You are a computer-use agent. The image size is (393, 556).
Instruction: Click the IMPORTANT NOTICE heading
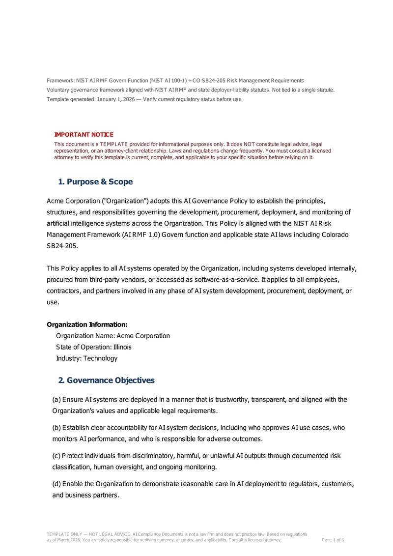coord(84,135)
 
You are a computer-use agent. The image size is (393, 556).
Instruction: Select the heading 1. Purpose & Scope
coord(95,182)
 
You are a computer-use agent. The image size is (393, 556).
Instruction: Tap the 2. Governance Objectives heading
coord(106,380)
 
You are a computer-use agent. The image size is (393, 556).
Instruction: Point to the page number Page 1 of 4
coord(333,540)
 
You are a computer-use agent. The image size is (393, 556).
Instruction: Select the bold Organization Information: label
coord(87,325)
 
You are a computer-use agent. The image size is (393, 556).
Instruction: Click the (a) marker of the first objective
coord(56,400)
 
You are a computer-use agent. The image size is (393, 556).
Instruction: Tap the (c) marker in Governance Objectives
coord(56,456)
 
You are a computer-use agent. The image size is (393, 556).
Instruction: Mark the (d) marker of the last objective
coord(56,484)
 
